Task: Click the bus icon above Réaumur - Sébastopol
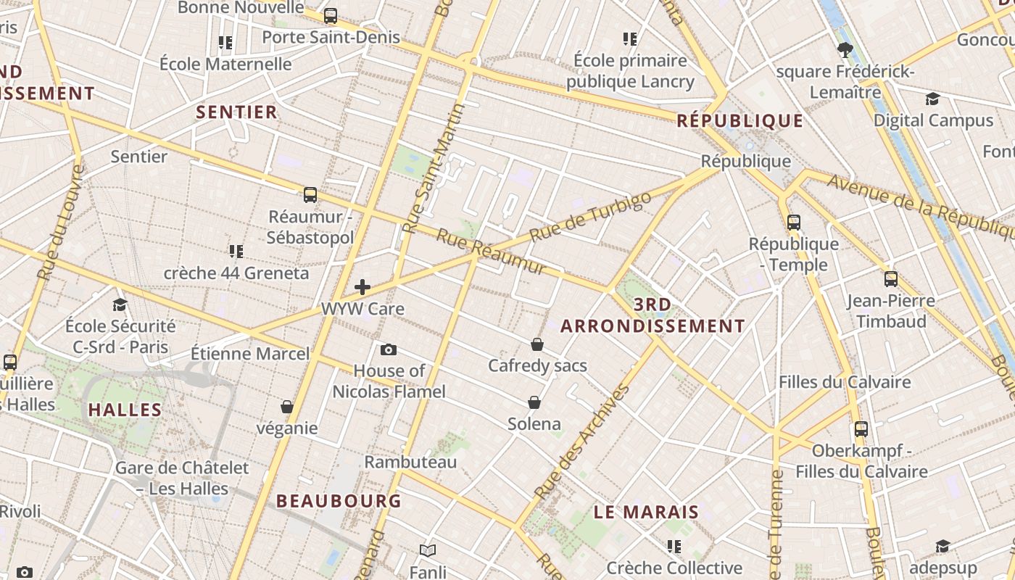310,194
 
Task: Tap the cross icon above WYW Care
362,286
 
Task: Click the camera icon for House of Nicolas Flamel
389,350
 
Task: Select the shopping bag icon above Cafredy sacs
537,344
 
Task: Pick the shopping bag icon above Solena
534,402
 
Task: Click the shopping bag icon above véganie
287,407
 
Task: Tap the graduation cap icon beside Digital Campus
932,99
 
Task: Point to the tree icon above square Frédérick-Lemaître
845,50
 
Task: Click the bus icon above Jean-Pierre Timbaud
891,278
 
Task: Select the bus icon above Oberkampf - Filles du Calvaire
861,428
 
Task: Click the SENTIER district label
237,112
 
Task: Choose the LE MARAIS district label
646,512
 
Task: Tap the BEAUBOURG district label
339,501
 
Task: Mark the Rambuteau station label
410,462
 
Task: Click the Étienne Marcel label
250,354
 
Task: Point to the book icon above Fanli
428,551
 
